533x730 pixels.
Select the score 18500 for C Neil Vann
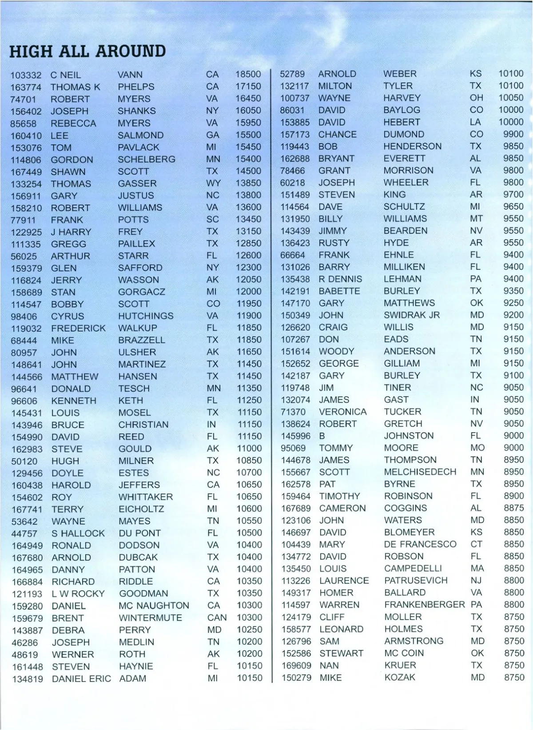[248, 74]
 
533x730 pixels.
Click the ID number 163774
[26, 87]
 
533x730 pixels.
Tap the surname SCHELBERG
[147, 159]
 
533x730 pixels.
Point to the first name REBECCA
[73, 123]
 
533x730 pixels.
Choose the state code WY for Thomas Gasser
[213, 183]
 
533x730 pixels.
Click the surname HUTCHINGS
[146, 316]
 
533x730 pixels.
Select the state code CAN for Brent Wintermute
[217, 618]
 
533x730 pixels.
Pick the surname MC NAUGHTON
[154, 606]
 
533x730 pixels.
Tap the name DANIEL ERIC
[81, 679]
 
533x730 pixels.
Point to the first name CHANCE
[337, 134]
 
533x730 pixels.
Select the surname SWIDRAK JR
[412, 315]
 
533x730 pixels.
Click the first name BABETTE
[339, 291]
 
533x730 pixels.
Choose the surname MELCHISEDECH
[420, 472]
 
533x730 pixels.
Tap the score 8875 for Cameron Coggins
[513, 508]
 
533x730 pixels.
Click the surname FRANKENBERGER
[424, 605]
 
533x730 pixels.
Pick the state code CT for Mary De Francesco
[476, 545]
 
